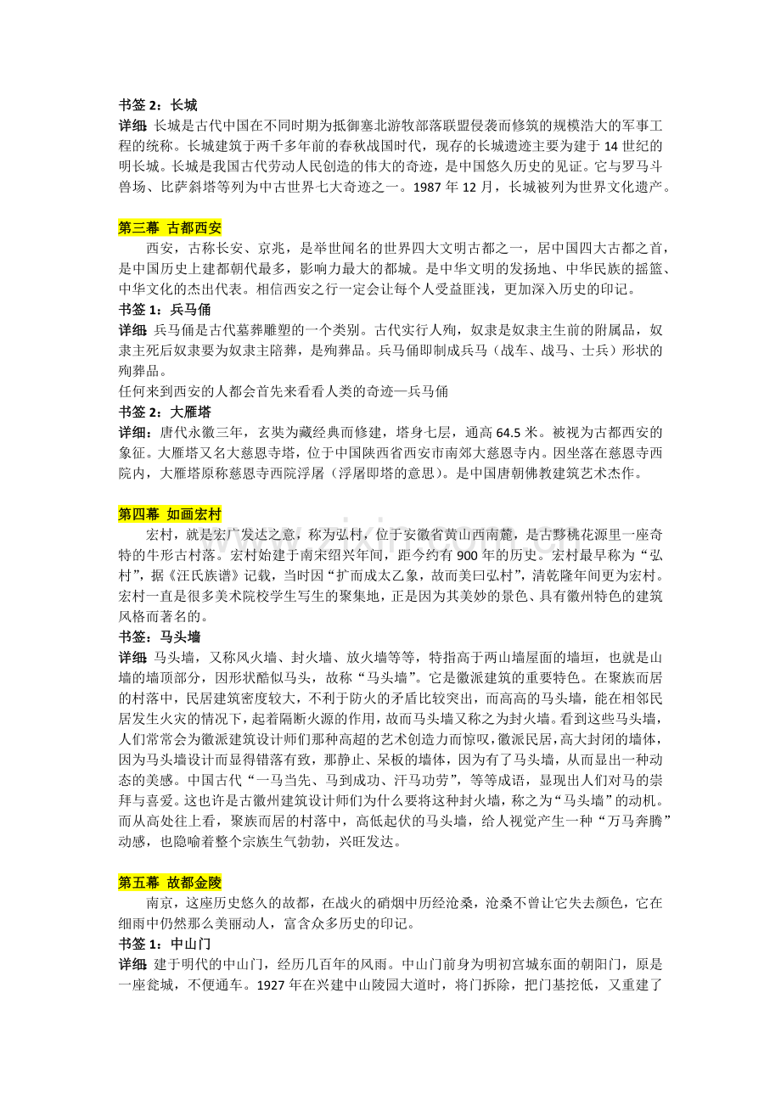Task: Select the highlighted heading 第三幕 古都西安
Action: pos(170,227)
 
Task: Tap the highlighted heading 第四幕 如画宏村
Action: pos(170,514)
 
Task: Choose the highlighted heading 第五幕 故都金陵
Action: pos(170,883)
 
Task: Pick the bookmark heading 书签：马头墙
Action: pos(160,636)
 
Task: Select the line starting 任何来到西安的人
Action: pos(285,391)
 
